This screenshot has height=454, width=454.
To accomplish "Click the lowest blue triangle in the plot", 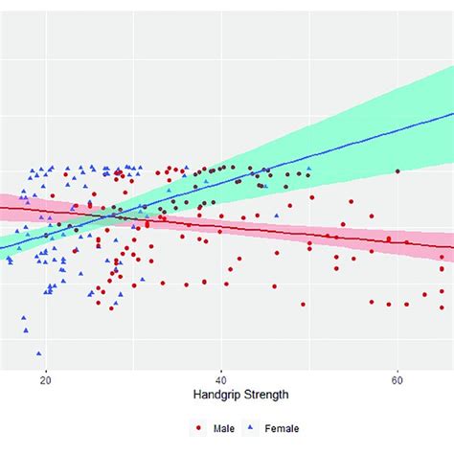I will pyautogui.click(x=38, y=352).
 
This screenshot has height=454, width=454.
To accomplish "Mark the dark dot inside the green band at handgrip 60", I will pyautogui.click(x=397, y=171).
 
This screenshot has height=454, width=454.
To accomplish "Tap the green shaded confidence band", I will pyautogui.click(x=383, y=115).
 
